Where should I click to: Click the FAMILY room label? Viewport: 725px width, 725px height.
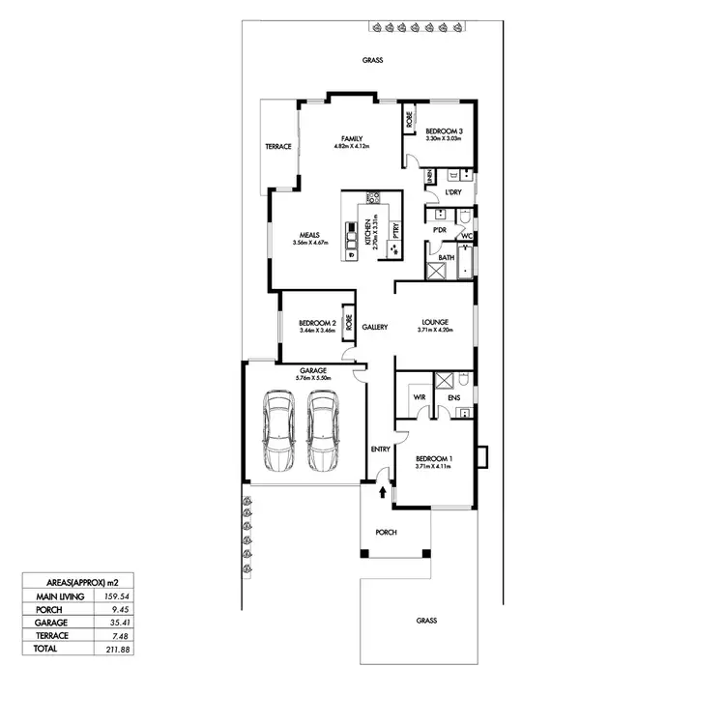[352, 139]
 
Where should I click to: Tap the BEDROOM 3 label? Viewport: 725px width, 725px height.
[445, 131]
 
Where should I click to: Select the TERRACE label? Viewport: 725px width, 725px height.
[278, 147]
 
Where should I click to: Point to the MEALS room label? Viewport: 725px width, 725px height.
[309, 235]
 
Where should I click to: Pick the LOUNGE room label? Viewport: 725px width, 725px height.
[435, 323]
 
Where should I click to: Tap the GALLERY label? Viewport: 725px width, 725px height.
[375, 327]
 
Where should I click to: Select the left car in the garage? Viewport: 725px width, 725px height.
[278, 428]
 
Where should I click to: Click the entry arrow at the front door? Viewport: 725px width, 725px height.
[386, 492]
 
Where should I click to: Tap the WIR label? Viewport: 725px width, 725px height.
[420, 395]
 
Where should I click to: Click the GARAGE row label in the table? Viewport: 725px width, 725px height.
[46, 623]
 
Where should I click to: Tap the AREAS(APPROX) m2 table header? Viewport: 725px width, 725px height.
[75, 583]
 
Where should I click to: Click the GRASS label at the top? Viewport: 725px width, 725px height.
[373, 60]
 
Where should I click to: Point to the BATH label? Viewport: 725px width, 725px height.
[446, 257]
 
